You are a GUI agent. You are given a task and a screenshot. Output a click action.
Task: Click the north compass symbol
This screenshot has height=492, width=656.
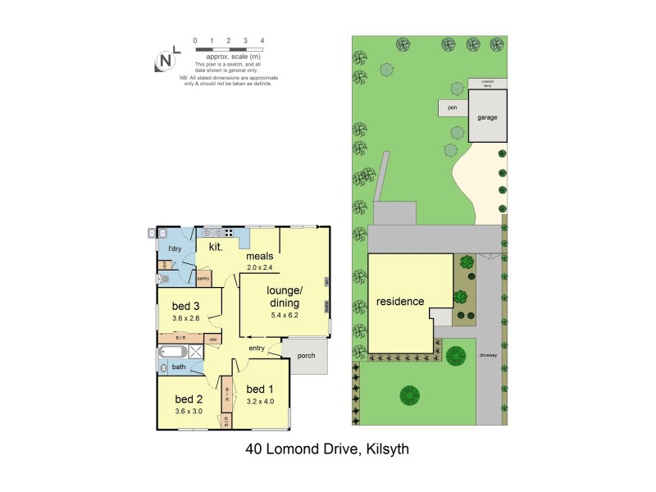click(166, 60)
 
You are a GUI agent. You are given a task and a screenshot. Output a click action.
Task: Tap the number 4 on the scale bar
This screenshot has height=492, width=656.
click(262, 40)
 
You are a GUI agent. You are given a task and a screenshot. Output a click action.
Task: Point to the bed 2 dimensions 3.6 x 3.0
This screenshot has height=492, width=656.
click(188, 411)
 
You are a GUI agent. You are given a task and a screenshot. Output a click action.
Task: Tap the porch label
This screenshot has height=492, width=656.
click(307, 356)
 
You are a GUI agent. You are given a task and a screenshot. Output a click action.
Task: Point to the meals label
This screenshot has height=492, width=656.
click(259, 256)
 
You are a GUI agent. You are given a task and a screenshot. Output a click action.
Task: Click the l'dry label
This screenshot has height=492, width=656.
click(174, 248)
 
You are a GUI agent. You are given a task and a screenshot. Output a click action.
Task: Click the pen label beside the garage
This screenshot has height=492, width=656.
click(450, 107)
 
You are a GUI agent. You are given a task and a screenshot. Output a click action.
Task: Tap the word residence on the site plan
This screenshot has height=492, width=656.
click(400, 301)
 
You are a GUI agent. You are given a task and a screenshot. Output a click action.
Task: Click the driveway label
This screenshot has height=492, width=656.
click(487, 355)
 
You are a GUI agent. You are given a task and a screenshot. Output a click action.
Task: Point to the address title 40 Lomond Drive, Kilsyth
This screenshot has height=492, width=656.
click(327, 449)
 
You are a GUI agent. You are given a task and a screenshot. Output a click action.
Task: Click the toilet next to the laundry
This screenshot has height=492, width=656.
click(166, 279)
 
